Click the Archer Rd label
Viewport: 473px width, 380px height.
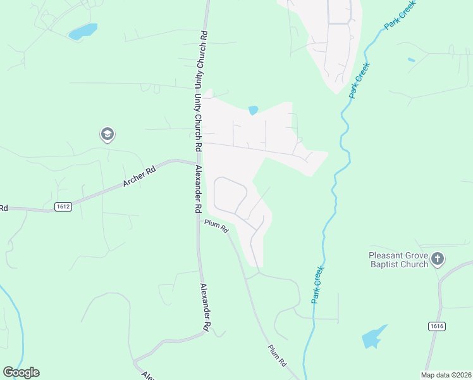pyautogui.click(x=138, y=178)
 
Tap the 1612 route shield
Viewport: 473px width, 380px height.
pyautogui.click(x=63, y=206)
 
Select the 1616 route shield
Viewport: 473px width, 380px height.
pyautogui.click(x=436, y=326)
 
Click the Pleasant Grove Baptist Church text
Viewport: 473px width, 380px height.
pyautogui.click(x=398, y=260)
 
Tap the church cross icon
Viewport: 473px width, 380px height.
pyautogui.click(x=438, y=258)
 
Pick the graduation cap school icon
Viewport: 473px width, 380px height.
pyautogui.click(x=106, y=134)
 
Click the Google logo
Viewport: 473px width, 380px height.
pyautogui.click(x=21, y=372)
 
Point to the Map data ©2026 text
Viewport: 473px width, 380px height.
pyautogui.click(x=445, y=374)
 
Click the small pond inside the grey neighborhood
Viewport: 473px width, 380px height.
pyautogui.click(x=254, y=110)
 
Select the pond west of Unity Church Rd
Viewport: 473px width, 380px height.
pyautogui.click(x=83, y=31)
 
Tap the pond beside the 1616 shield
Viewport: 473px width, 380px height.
pyautogui.click(x=373, y=337)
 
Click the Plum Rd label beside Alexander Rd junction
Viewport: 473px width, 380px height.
pyautogui.click(x=216, y=226)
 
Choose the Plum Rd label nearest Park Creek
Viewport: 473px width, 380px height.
pyautogui.click(x=278, y=355)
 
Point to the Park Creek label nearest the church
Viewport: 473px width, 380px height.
pyautogui.click(x=319, y=284)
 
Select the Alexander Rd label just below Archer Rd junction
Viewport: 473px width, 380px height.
pyautogui.click(x=198, y=188)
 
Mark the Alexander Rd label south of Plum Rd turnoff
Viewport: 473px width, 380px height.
pyautogui.click(x=204, y=307)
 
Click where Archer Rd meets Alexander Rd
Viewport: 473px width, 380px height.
pyautogui.click(x=195, y=162)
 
